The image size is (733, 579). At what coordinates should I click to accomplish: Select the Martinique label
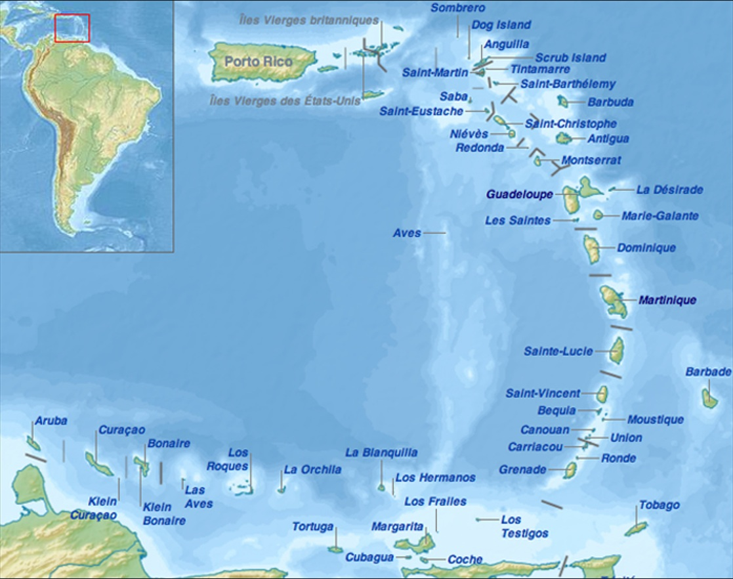[x=667, y=300]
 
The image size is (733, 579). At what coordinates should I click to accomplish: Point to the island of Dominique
[x=591, y=249]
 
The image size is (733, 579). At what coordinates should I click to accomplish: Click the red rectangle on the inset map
[x=72, y=28]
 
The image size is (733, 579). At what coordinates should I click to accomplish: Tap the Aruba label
[x=51, y=421]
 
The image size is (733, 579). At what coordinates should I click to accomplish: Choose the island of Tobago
[x=635, y=528]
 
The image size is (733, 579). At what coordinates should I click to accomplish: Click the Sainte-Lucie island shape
[x=617, y=350]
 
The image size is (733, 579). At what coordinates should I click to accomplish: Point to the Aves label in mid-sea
[x=407, y=233]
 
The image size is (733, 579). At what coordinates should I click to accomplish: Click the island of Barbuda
[x=563, y=101]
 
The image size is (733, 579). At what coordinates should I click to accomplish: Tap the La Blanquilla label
[x=381, y=452]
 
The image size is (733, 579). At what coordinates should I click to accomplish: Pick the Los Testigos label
[x=524, y=526]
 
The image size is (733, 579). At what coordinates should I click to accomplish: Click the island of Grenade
[x=571, y=470]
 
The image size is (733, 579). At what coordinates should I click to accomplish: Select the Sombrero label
[x=458, y=8]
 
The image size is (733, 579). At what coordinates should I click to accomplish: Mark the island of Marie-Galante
[x=598, y=215]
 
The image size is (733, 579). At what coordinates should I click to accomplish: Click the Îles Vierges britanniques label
[x=309, y=20]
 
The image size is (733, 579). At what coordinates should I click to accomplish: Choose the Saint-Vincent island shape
[x=602, y=394]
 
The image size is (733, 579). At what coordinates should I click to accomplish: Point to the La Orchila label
[x=312, y=469]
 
